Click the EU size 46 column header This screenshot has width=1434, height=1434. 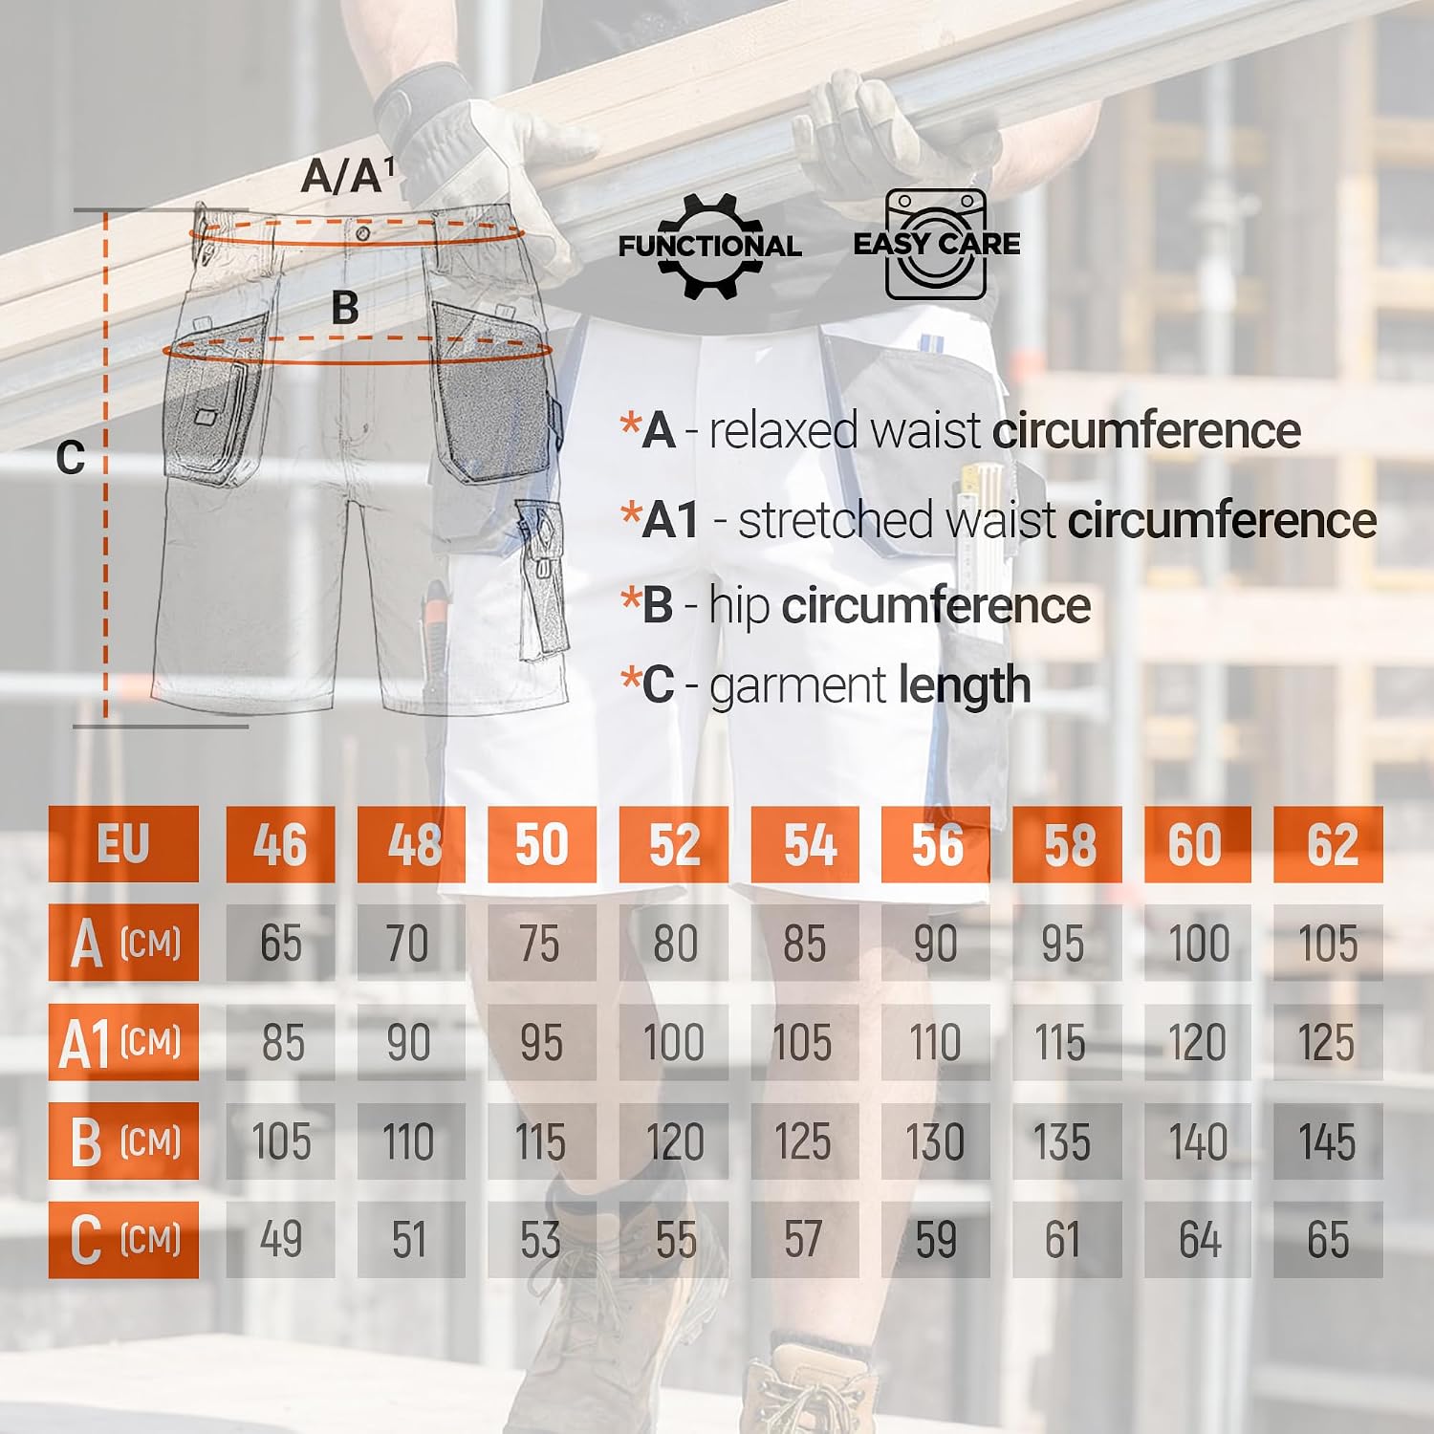tap(280, 844)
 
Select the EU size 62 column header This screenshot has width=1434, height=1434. tap(1328, 844)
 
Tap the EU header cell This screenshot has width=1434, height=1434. tap(123, 844)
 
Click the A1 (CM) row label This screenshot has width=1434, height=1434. tap(123, 1042)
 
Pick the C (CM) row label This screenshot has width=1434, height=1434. tap(123, 1240)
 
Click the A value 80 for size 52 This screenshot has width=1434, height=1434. tap(674, 943)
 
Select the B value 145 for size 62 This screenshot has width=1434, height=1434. tap(1328, 1141)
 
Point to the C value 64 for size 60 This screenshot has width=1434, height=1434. tap(1198, 1240)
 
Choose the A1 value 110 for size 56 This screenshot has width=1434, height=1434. tap(935, 1042)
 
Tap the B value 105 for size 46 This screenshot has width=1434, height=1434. tap(280, 1141)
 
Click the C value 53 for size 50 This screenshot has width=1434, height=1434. tap(541, 1240)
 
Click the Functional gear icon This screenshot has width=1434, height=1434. tap(709, 246)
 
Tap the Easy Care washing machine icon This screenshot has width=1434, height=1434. tap(936, 244)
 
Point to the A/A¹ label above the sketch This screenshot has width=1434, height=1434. tap(347, 176)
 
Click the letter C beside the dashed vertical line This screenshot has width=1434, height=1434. tap(71, 458)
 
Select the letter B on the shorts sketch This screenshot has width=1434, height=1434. tap(345, 308)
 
